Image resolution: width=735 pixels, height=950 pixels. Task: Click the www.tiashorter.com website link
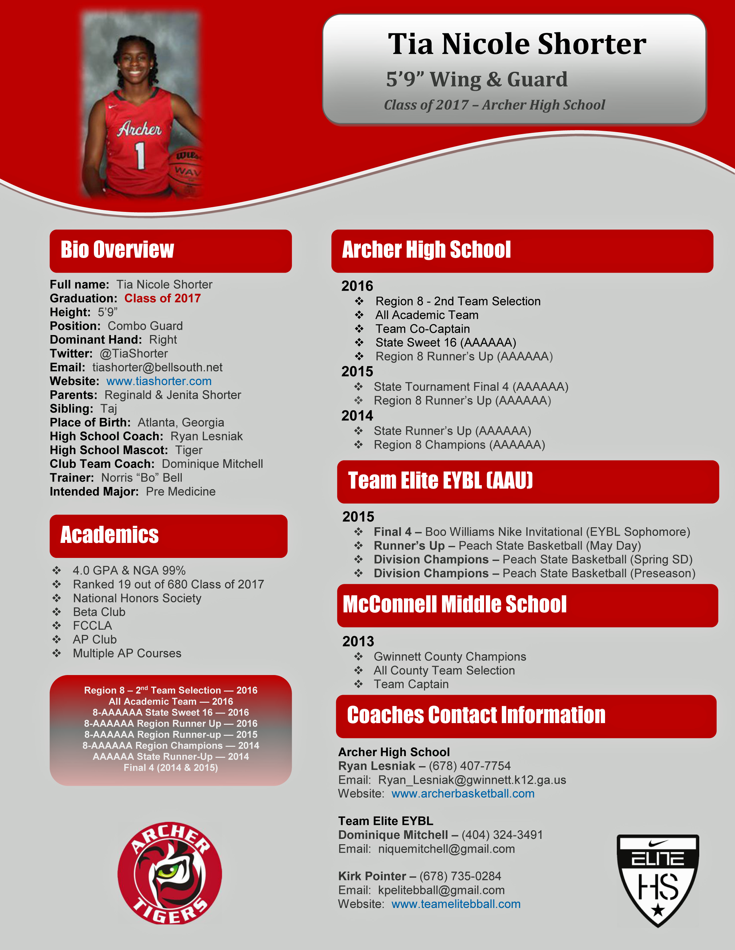(x=159, y=381)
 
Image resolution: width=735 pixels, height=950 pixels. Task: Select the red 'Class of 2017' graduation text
(x=162, y=298)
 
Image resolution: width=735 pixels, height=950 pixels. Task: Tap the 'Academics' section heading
(x=109, y=535)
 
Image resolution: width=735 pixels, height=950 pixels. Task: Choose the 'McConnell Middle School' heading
(x=455, y=604)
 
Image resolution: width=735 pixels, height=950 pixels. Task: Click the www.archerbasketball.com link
(x=463, y=794)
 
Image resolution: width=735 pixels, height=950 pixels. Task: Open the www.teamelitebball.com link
(x=456, y=904)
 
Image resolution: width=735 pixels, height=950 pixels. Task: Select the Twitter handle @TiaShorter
(x=134, y=354)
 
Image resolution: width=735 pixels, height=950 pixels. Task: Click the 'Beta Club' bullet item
(x=99, y=612)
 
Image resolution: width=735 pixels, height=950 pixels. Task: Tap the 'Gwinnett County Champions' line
(x=450, y=656)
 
